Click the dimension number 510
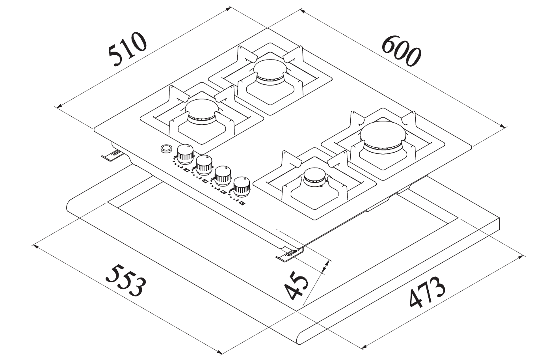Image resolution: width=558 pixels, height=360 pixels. (127, 50)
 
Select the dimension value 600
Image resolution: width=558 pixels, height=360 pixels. (401, 51)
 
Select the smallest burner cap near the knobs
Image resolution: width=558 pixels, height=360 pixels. (314, 175)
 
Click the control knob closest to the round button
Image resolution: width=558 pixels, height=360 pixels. (185, 153)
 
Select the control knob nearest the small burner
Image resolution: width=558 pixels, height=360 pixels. (242, 186)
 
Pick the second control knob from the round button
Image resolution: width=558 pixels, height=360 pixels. (204, 164)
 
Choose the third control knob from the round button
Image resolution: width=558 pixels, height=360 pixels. (223, 175)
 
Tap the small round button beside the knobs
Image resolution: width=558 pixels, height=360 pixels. (166, 148)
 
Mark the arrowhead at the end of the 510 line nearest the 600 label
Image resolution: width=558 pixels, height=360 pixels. (227, 9)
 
